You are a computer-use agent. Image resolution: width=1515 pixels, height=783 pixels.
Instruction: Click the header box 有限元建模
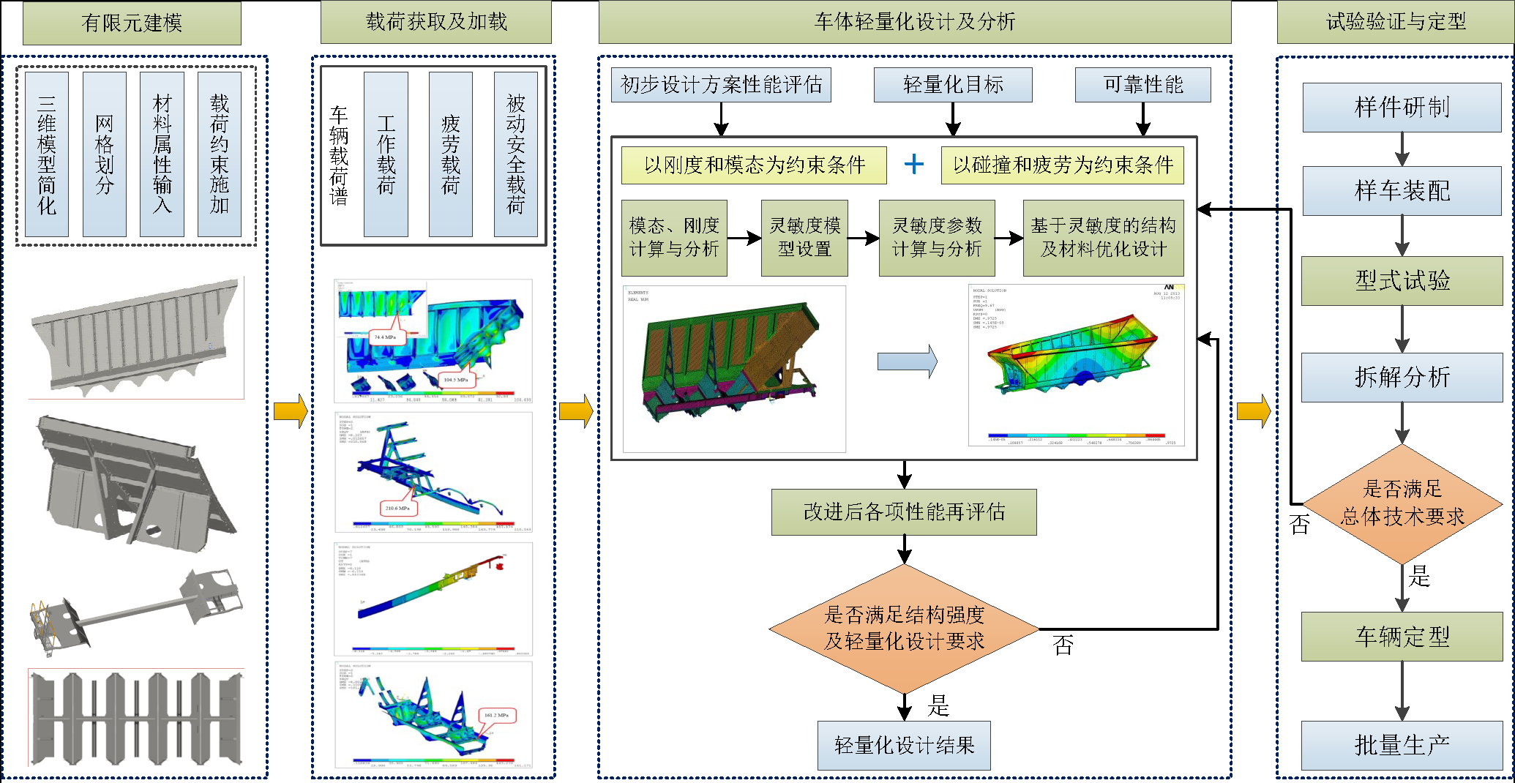(132, 23)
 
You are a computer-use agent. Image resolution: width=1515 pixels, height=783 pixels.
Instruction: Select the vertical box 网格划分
(105, 154)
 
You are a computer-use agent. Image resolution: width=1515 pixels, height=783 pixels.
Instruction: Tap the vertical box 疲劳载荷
(450, 154)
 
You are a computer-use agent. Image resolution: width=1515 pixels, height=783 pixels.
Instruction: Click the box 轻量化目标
(953, 85)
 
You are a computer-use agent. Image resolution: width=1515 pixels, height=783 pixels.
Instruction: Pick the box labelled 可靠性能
(1142, 85)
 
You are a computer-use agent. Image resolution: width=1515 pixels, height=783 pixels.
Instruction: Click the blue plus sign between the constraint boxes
(913, 164)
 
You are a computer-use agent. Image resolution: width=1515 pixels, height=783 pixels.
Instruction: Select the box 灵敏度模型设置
(804, 237)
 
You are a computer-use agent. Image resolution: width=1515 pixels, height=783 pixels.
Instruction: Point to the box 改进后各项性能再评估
(904, 512)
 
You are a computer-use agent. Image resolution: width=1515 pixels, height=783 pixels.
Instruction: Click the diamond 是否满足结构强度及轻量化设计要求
(904, 629)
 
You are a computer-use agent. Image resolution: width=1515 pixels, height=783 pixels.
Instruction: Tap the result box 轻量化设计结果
(904, 745)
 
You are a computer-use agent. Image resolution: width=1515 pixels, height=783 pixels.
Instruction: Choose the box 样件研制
(1402, 107)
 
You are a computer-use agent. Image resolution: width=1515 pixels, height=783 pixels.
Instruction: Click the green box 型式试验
(1402, 280)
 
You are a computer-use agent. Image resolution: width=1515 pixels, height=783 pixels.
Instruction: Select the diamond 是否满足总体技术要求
(1402, 503)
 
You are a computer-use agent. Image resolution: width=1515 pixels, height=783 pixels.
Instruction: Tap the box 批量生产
(1402, 745)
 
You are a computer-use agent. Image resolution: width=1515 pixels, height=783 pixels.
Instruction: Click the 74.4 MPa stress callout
(384, 337)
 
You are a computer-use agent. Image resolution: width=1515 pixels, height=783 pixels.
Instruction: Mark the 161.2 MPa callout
(496, 715)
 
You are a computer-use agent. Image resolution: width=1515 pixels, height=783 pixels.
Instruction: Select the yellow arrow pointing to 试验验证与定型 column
(1254, 411)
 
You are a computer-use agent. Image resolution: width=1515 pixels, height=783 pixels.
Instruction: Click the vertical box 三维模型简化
(47, 154)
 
